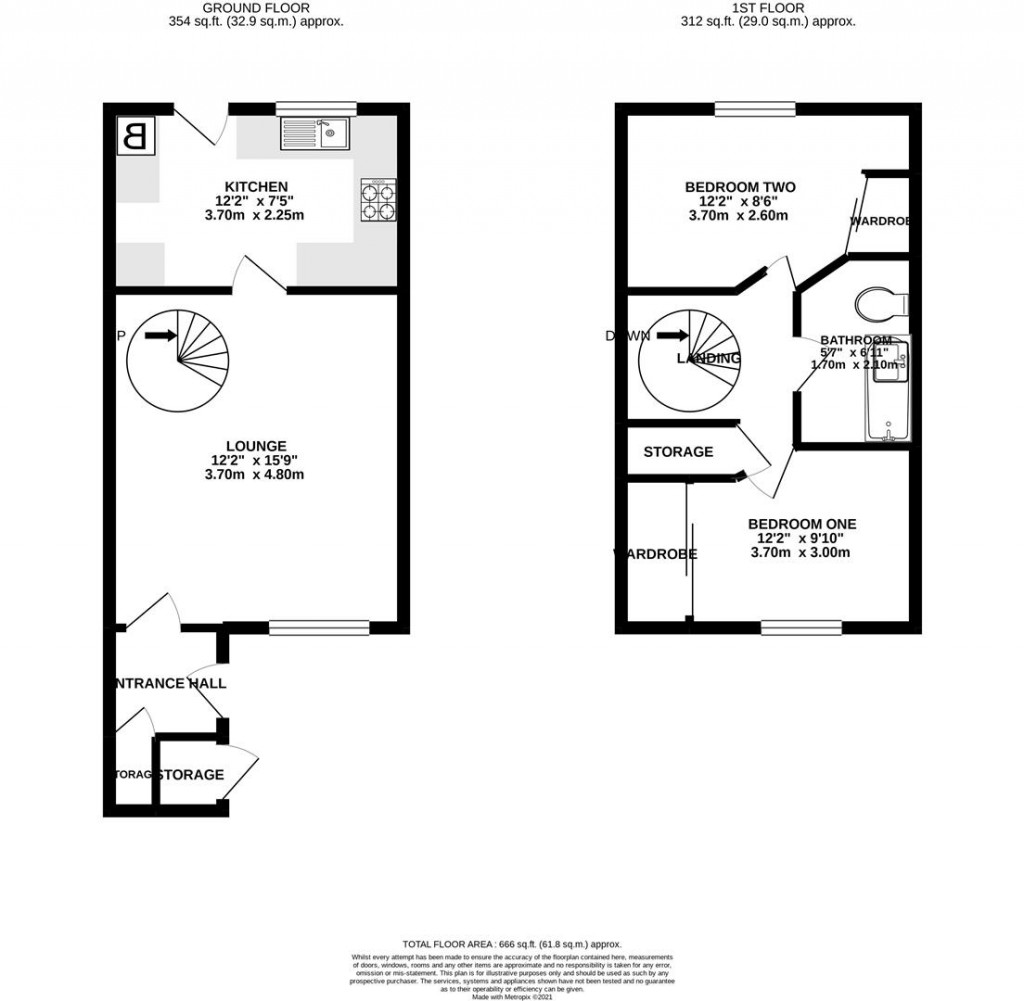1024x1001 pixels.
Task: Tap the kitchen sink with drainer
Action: pos(314,133)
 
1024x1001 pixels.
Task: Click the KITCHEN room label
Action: pos(256,187)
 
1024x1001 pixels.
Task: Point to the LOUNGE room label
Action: pos(256,446)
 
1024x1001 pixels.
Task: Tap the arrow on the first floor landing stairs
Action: pos(673,337)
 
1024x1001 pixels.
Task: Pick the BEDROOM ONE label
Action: pos(802,524)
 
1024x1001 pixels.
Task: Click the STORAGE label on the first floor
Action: pos(678,452)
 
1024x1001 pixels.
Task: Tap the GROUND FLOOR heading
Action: pos(256,7)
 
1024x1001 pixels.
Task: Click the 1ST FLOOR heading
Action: pos(768,7)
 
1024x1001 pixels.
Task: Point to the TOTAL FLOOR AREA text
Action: pos(512,944)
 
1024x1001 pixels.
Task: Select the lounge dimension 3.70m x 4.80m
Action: pos(256,475)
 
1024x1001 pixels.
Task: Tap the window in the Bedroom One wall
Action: pos(802,628)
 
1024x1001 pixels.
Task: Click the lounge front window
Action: pos(319,628)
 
